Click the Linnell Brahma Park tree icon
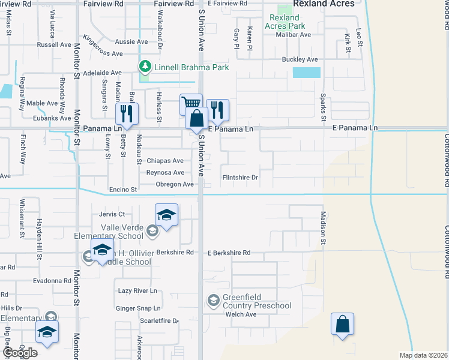(145, 66)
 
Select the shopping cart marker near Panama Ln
(191, 104)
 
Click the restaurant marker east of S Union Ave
(217, 109)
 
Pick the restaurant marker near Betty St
(127, 112)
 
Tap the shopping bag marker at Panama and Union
(196, 119)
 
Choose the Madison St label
(322, 229)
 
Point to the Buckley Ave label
(300, 60)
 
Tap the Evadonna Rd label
(52, 280)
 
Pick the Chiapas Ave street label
(165, 161)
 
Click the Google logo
(20, 353)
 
